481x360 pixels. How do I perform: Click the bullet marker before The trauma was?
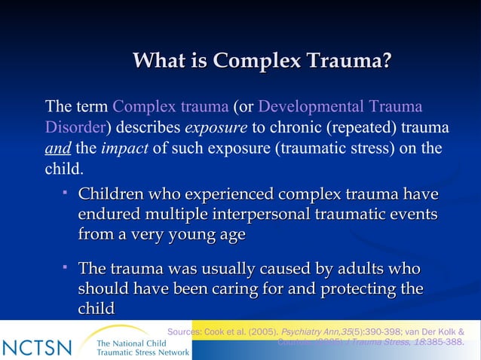pos(66,267)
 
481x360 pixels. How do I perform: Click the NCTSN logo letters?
pos(37,348)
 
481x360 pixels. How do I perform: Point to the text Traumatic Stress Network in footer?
pos(142,352)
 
